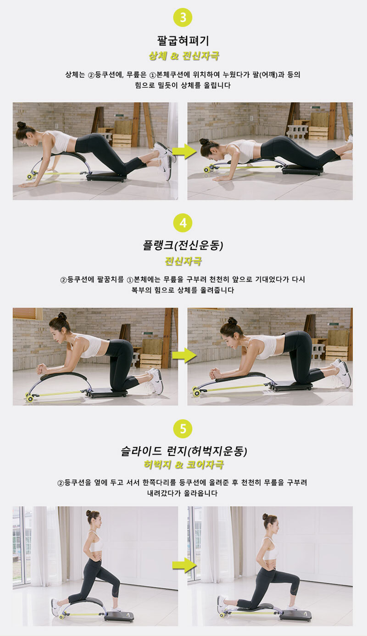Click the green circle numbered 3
tap(183, 17)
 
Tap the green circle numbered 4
tap(183, 222)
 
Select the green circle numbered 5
tap(183, 429)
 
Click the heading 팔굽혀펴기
tap(183, 41)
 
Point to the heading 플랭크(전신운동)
tap(183, 245)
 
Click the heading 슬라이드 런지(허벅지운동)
tap(184, 451)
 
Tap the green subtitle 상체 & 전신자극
tap(184, 55)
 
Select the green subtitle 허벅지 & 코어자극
tap(184, 465)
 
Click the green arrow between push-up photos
tap(184, 151)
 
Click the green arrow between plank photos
tap(184, 355)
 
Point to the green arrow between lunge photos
tap(184, 565)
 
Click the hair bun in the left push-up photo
tap(21, 125)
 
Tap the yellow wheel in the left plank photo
tap(29, 398)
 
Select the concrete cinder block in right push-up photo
tap(297, 132)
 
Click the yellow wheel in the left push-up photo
tap(30, 176)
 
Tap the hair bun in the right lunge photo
tap(265, 516)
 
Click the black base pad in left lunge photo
tap(119, 614)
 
